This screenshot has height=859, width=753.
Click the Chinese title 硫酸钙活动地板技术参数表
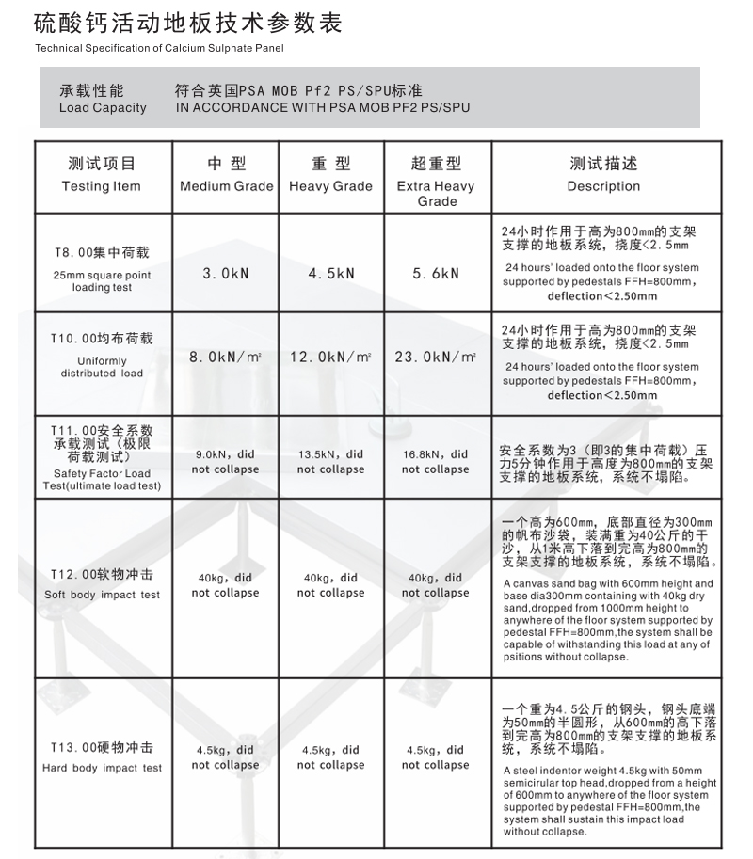point(188,23)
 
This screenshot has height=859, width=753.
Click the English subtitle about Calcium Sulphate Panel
point(158,48)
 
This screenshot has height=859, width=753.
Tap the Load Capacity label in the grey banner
point(103,100)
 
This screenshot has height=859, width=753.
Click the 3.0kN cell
point(226,273)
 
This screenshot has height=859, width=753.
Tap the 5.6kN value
point(436,273)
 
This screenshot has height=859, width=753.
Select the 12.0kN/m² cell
point(330,358)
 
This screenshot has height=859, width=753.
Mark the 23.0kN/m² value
point(436,358)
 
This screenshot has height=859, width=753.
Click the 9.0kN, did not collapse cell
point(226,461)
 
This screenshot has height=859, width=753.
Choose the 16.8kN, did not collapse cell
point(436,461)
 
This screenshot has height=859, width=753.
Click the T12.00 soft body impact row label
point(102,583)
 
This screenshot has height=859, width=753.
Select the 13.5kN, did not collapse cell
point(330,461)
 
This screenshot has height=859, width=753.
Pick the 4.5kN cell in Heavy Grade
point(330,273)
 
